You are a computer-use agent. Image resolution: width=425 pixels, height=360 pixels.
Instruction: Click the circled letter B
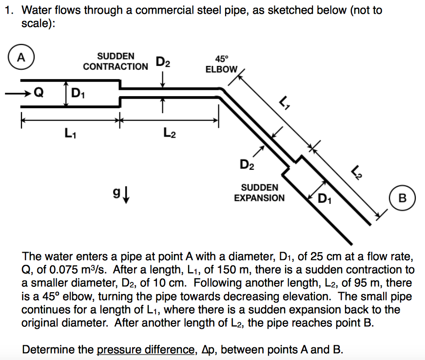[x=402, y=198]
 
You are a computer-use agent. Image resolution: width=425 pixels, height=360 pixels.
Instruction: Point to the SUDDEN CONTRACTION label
[x=116, y=61]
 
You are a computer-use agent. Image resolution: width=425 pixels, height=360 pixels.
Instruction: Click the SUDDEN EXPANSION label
[x=259, y=193]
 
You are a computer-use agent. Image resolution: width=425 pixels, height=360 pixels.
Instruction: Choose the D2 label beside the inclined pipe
[x=247, y=164]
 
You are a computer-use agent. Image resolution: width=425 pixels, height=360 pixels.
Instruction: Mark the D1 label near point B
[x=324, y=198]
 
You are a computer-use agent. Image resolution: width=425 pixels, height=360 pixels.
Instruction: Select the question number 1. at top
[x=8, y=10]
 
